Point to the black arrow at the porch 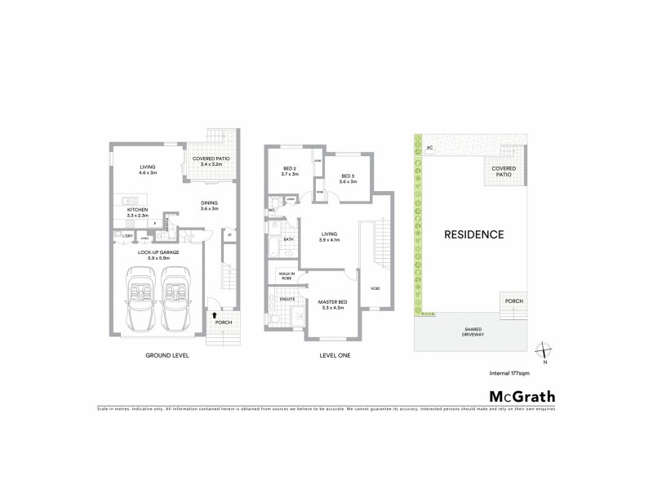pyautogui.click(x=215, y=313)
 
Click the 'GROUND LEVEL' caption pyautogui.click(x=168, y=355)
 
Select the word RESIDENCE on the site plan pyautogui.click(x=473, y=234)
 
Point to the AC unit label pyautogui.click(x=429, y=148)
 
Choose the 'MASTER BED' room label pyautogui.click(x=332, y=303)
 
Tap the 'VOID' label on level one pyautogui.click(x=375, y=288)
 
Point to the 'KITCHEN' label pyautogui.click(x=136, y=209)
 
